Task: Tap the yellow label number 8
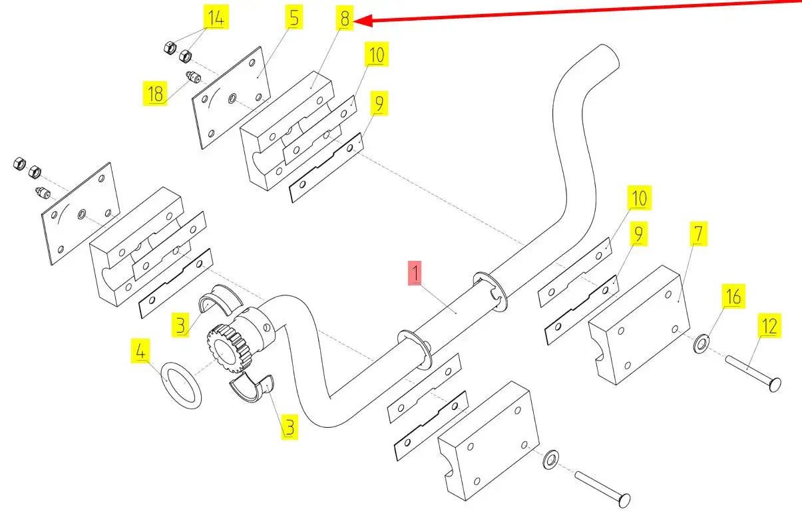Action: [344, 19]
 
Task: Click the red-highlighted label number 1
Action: [415, 273]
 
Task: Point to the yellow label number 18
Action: [155, 94]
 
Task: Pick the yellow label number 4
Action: [140, 351]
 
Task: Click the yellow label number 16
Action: [733, 296]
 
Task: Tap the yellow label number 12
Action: [769, 326]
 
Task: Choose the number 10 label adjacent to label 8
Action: [377, 55]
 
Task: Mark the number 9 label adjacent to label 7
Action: [638, 234]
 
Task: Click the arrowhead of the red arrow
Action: [359, 22]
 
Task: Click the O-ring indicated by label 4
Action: [182, 386]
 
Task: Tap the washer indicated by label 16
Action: [702, 345]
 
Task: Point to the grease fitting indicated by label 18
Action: [192, 78]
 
